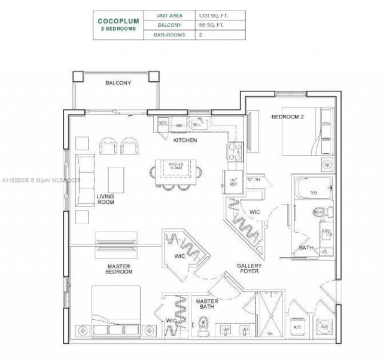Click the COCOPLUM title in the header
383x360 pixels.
point(118,21)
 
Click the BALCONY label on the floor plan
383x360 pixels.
point(118,83)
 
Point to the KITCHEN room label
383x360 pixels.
point(185,140)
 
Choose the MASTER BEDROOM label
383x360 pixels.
point(119,269)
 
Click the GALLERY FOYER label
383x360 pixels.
point(249,269)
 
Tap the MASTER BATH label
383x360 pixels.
point(207,304)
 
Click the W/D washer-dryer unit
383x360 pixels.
point(297,327)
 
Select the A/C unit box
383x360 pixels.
point(326,327)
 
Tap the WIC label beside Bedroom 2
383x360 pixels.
point(254,211)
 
